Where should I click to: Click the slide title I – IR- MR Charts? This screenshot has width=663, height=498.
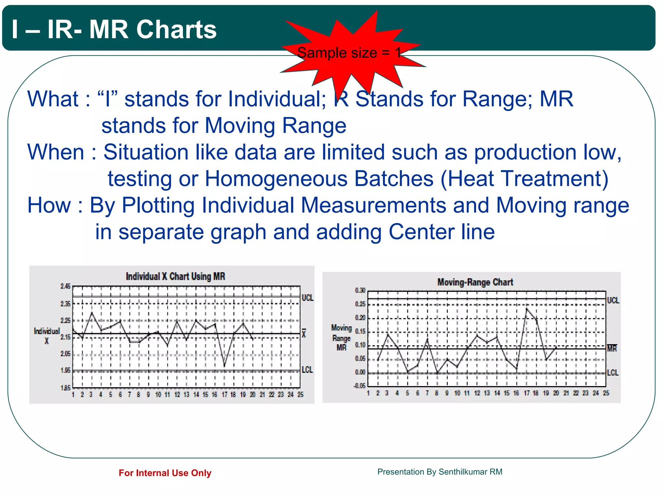click(114, 30)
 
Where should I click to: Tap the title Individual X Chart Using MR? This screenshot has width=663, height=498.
click(175, 277)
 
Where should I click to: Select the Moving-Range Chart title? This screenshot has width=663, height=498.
click(475, 282)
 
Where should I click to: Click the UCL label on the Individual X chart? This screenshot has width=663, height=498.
click(307, 298)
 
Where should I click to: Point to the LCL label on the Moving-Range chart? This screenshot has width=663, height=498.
click(612, 373)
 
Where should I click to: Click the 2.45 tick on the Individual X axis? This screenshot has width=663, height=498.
click(65, 286)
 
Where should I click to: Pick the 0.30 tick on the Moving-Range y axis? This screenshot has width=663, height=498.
click(360, 290)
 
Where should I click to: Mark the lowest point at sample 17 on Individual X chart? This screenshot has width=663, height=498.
click(224, 366)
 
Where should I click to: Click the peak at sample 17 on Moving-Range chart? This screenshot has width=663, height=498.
click(527, 308)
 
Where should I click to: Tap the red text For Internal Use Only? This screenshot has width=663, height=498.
click(165, 473)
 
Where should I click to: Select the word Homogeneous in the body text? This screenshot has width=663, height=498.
click(319, 179)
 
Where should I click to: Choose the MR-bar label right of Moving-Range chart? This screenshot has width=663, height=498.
click(612, 348)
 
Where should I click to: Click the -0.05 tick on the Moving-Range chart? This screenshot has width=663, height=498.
click(359, 386)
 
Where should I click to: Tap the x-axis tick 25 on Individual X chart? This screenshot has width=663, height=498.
click(300, 395)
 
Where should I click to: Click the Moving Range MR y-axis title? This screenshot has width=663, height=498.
click(341, 338)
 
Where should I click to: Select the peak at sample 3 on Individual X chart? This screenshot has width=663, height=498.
click(92, 313)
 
